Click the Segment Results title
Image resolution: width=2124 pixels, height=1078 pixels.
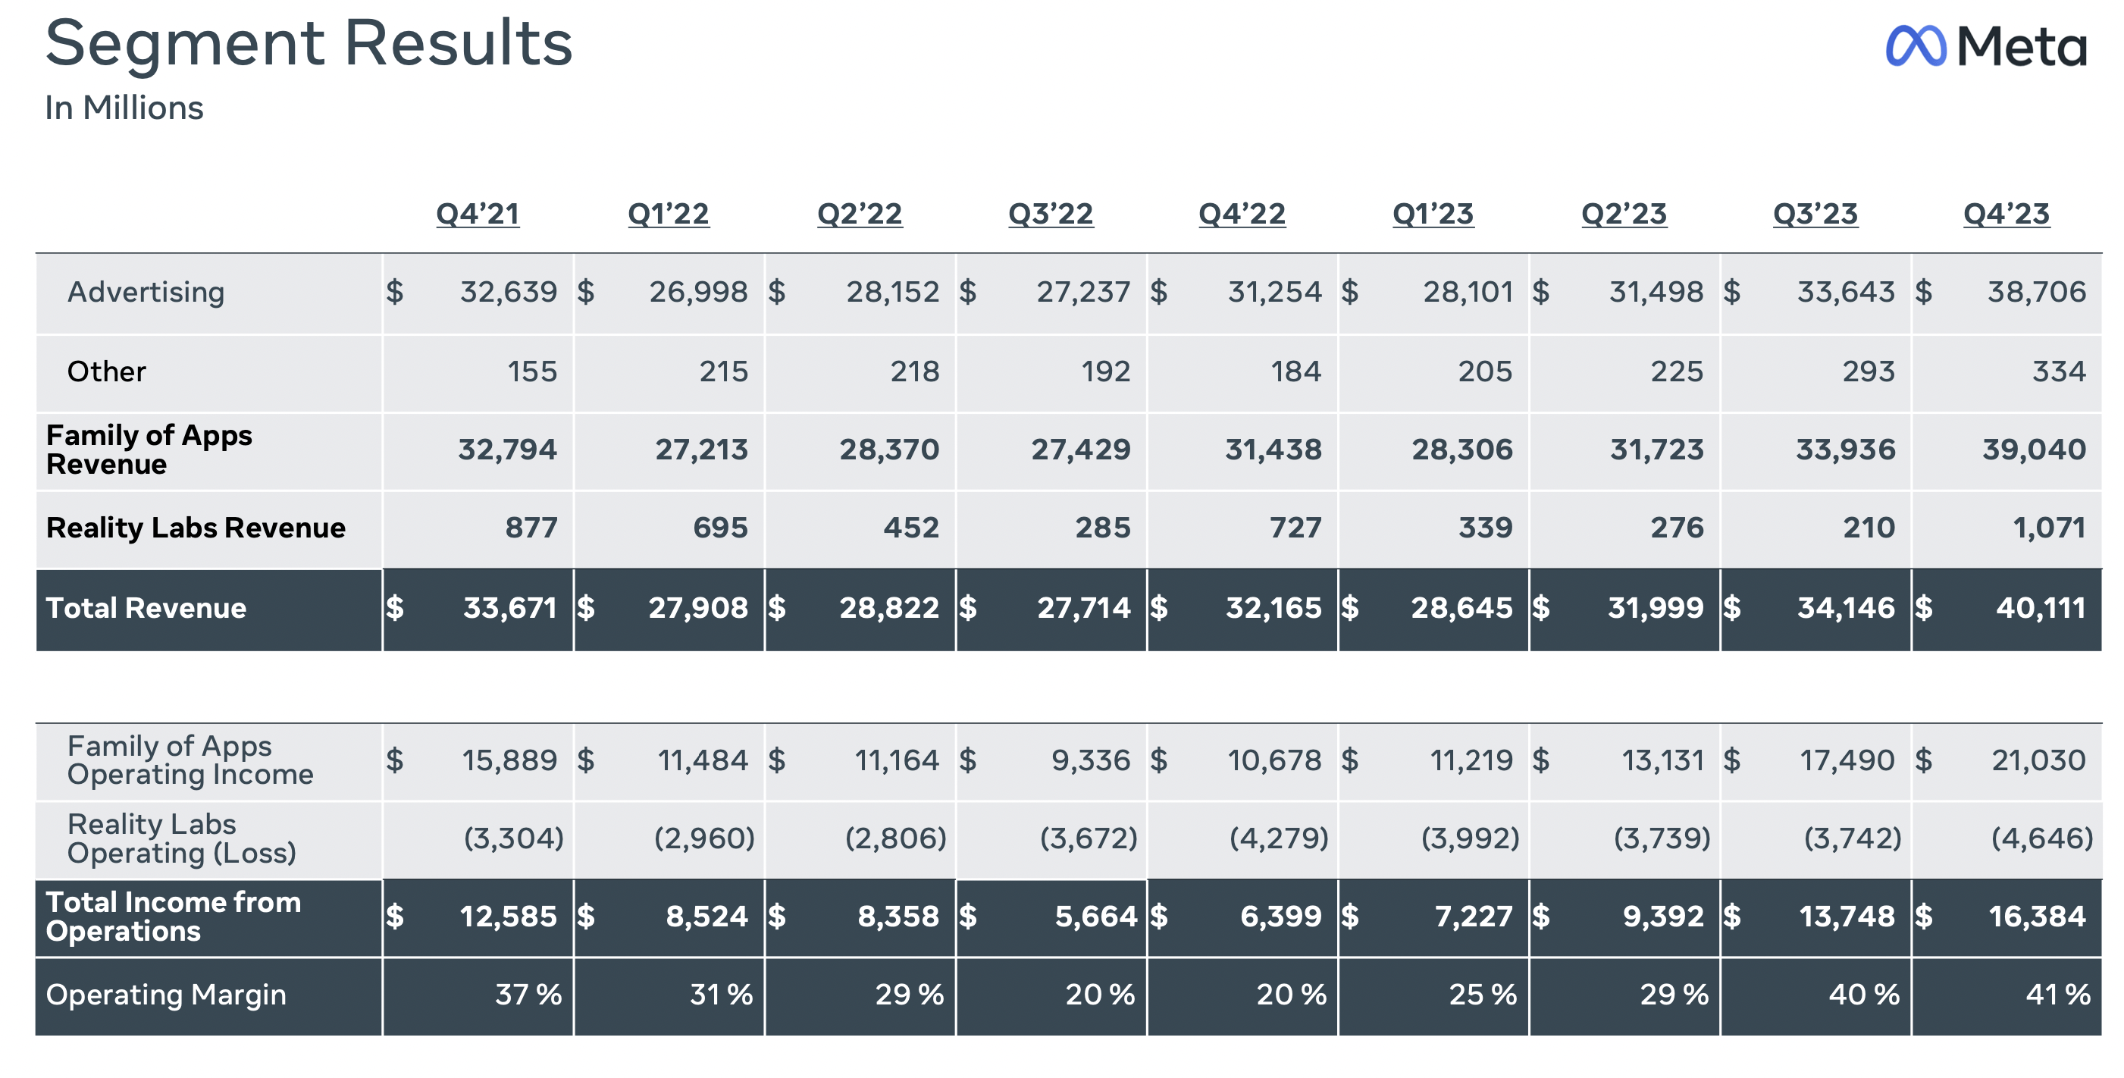[309, 43]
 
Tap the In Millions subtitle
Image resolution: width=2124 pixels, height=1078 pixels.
[124, 108]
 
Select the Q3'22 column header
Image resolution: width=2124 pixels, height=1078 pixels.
[1051, 214]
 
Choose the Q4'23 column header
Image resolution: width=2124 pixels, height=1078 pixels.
[2006, 214]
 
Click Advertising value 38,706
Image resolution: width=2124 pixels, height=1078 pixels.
[2036, 292]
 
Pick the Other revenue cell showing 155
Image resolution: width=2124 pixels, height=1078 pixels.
[532, 371]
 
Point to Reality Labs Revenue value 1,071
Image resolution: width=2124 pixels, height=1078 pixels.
[2049, 528]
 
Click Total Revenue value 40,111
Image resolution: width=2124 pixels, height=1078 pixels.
[2040, 608]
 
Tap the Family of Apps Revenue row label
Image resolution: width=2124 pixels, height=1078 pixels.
[149, 450]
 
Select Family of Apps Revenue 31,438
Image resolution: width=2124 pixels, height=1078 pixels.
[1272, 450]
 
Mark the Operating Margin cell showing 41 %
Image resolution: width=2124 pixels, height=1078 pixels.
[2057, 995]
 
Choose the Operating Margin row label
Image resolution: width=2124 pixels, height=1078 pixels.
[166, 995]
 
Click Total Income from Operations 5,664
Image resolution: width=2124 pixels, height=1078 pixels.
[1095, 917]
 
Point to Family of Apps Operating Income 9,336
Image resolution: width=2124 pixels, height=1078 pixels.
[1090, 760]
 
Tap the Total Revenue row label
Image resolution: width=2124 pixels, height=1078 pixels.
[146, 608]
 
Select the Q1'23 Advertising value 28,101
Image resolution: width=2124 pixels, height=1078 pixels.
[1468, 292]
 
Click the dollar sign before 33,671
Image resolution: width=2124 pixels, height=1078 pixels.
[395, 608]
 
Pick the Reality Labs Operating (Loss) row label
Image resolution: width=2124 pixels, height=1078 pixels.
[181, 838]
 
